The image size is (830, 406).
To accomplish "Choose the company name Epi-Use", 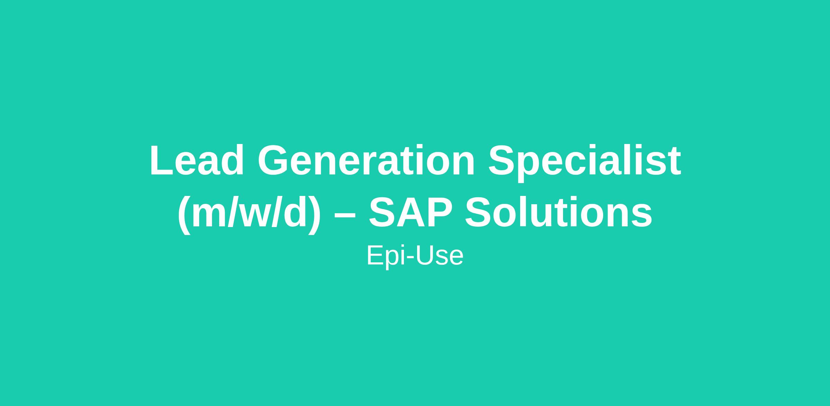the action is (415, 256).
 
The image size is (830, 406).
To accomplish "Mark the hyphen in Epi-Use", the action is (410, 259).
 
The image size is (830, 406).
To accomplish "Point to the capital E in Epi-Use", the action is (375, 255).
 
